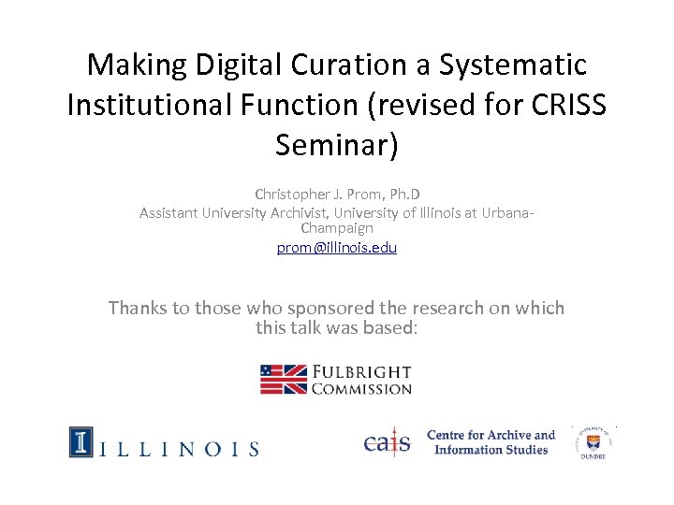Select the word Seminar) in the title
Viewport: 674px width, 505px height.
[x=337, y=145]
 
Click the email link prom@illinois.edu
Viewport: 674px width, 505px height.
[x=337, y=248]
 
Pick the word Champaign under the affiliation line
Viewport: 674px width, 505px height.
[x=337, y=227]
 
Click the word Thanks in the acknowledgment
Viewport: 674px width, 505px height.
[x=137, y=308]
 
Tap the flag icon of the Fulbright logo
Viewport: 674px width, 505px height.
[x=283, y=379]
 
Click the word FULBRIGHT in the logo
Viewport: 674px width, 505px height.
[x=361, y=371]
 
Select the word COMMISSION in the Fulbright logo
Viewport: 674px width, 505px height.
[x=361, y=389]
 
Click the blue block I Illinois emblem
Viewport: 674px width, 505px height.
[x=81, y=441]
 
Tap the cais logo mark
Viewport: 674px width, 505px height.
[x=388, y=441]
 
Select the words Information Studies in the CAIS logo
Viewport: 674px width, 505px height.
[x=491, y=450]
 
